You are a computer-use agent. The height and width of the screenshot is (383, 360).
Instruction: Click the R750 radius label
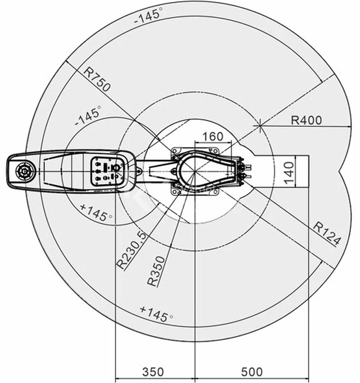(x=97, y=79)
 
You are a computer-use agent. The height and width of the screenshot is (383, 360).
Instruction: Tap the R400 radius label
(x=306, y=120)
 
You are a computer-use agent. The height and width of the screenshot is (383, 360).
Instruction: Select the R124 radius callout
(x=326, y=233)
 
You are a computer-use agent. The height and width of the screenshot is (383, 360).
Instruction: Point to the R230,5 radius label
(x=132, y=250)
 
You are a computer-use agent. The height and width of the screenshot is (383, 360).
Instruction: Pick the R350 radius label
(x=157, y=271)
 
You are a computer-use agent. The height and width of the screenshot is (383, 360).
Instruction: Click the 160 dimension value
(x=213, y=136)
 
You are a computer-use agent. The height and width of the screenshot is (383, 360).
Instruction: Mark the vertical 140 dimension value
(x=289, y=173)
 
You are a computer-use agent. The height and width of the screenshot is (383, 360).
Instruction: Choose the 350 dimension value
(x=153, y=372)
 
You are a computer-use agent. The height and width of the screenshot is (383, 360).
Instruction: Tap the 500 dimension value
(x=252, y=372)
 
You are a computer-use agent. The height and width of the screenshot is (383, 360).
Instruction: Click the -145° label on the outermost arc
(x=148, y=15)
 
